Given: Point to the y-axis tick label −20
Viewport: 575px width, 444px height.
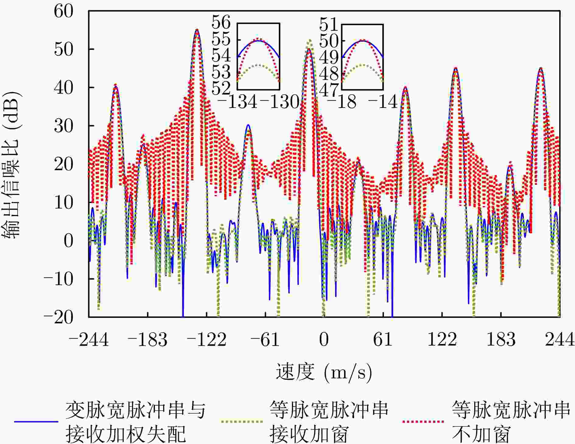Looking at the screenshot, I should [58, 317].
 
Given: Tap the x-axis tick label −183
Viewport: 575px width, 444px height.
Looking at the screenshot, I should [148, 339].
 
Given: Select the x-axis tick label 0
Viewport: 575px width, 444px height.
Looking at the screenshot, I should [324, 339].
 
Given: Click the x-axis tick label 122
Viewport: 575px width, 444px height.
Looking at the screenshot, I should [442, 339].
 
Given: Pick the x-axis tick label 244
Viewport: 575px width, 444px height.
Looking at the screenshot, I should [559, 339].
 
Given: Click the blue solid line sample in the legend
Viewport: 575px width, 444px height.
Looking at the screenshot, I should [36, 422].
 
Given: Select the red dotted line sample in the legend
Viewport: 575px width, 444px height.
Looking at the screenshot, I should [423, 422].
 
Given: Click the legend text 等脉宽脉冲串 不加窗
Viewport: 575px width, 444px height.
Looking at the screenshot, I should [511, 422].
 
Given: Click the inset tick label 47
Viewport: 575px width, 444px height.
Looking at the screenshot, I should [329, 90].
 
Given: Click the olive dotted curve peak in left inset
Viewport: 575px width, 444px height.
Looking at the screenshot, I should [258, 65].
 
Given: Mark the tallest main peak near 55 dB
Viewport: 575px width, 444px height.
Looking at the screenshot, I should [197, 30].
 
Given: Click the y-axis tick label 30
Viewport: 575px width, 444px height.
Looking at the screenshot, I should [64, 126].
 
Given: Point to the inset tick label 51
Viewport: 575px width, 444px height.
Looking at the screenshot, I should [329, 24].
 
